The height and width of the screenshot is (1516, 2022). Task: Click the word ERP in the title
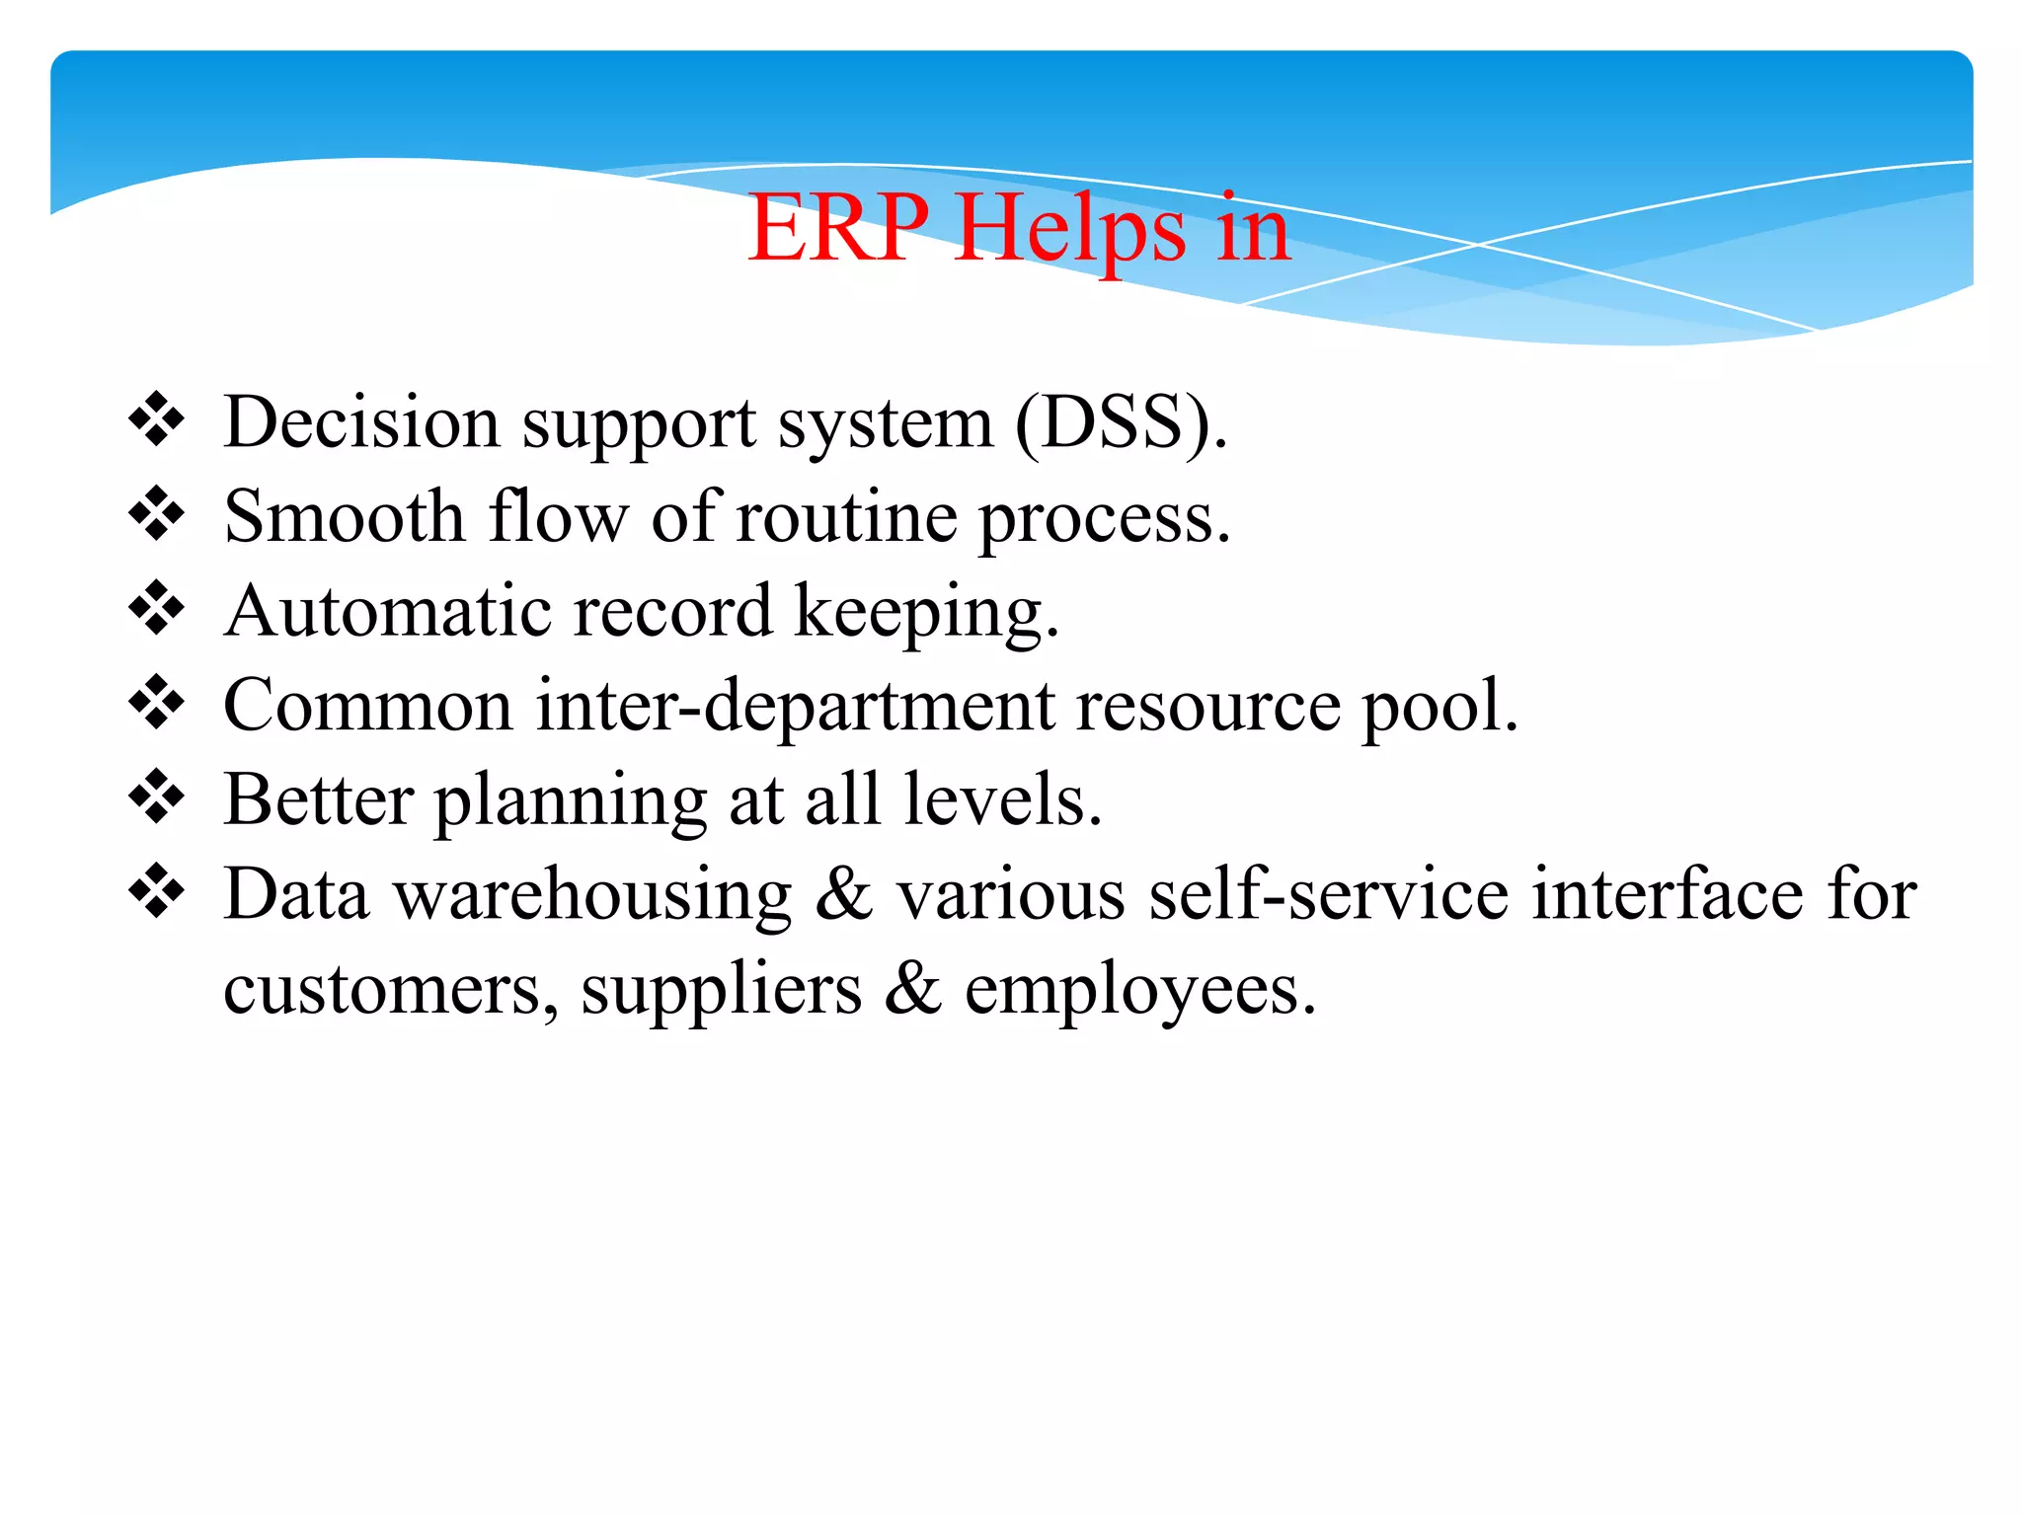coord(837,229)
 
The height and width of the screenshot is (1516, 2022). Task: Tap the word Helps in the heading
coord(1070,229)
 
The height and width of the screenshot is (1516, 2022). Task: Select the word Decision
coord(361,422)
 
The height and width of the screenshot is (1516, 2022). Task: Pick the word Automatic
coord(387,611)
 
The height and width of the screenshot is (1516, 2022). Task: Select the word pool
coord(1439,707)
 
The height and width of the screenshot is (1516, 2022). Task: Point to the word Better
coord(318,799)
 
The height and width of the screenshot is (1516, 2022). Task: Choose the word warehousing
coord(592,895)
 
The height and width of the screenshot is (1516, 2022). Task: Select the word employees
coord(1139,991)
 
